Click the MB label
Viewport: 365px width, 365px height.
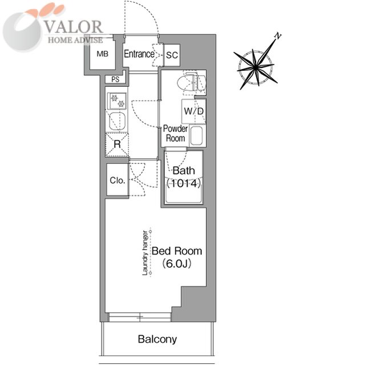click(x=102, y=54)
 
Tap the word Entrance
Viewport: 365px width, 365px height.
click(x=139, y=54)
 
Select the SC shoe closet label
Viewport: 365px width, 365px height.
click(x=172, y=55)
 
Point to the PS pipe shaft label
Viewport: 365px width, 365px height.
click(x=116, y=79)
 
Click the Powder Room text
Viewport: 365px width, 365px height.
click(x=175, y=134)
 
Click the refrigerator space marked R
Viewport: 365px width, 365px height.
click(x=117, y=144)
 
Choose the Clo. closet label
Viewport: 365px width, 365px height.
click(x=117, y=181)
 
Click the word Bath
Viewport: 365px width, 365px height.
click(x=184, y=171)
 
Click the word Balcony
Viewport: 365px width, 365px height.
click(x=157, y=339)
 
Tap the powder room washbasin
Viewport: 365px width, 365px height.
click(x=197, y=137)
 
